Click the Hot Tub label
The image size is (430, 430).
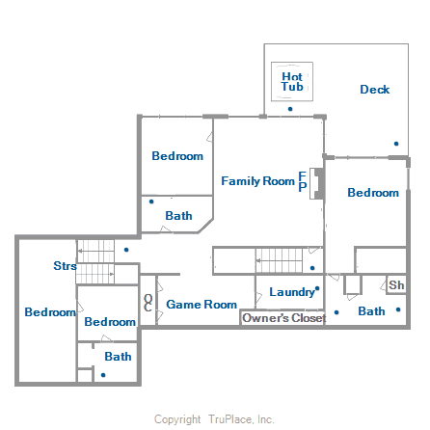(x=292, y=81)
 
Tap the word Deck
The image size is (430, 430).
(x=375, y=90)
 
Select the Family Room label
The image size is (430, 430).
(x=257, y=180)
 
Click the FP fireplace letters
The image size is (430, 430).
(x=303, y=181)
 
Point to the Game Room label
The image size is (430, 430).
(x=202, y=305)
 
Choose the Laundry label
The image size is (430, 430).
(x=292, y=292)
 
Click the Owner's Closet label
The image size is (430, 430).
(x=282, y=318)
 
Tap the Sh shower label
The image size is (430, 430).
(x=396, y=286)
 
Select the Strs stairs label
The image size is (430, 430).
(x=66, y=266)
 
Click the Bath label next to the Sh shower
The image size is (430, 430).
(x=371, y=311)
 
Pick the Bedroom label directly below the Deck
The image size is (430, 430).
(x=373, y=193)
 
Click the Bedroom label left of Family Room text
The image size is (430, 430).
(x=177, y=156)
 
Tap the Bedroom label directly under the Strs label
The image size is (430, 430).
(x=50, y=312)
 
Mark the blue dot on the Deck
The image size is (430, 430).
(x=395, y=144)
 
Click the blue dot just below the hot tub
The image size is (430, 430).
(x=290, y=109)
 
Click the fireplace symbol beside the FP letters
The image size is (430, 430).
(x=315, y=180)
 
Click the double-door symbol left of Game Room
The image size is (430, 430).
(x=148, y=302)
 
